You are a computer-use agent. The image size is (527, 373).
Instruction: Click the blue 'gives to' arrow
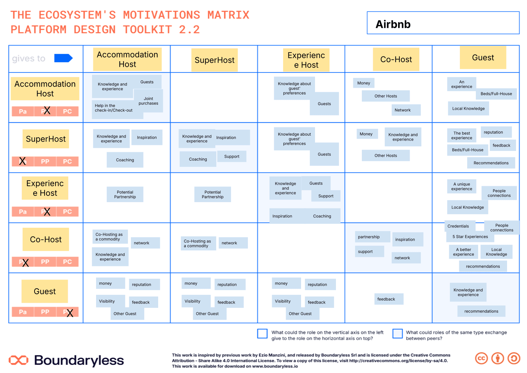[x=63, y=58]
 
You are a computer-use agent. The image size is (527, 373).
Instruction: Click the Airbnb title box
[x=443, y=23]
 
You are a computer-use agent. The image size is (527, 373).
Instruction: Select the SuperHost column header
[x=214, y=60]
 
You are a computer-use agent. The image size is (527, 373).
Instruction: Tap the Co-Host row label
[x=46, y=239]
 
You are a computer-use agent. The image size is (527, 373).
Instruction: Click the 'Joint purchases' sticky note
[x=148, y=101]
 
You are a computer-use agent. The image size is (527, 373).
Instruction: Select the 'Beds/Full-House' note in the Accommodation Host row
[x=496, y=94]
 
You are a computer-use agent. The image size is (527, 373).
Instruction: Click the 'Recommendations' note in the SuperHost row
[x=491, y=163]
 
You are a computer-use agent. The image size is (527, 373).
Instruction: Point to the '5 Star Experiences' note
[x=470, y=236]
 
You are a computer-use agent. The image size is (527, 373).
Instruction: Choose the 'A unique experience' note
[x=461, y=186]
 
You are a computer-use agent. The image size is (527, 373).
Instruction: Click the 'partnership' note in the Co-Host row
[x=372, y=237]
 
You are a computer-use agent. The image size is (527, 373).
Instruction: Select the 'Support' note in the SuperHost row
[x=232, y=156]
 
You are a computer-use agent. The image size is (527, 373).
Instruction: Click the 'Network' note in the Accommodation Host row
[x=406, y=110]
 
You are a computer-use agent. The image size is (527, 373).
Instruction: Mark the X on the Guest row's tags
[x=70, y=313]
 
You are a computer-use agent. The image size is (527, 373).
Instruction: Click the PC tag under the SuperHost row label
[x=67, y=162]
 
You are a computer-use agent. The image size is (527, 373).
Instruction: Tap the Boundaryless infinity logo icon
[x=19, y=360]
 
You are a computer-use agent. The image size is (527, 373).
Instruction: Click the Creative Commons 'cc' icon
[x=481, y=358]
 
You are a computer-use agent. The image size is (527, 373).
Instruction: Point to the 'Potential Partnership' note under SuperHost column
[x=212, y=194]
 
